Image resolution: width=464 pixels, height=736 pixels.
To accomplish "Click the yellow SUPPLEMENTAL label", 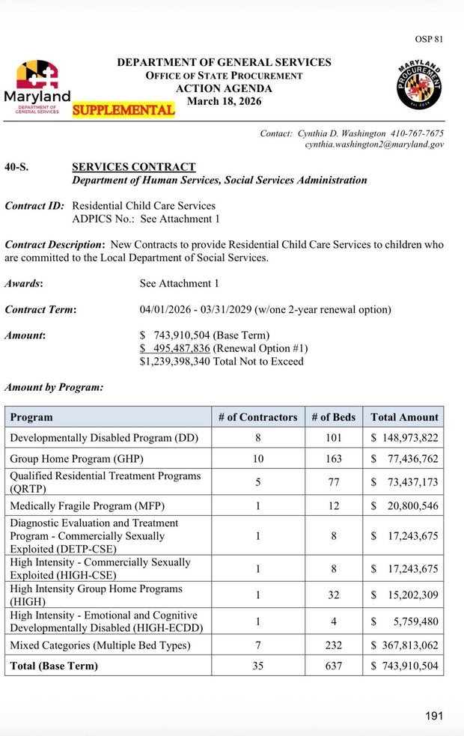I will tap(123, 110).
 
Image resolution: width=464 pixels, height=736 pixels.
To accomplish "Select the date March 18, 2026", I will tap(224, 102).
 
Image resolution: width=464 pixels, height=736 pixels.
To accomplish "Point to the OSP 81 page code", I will tap(429, 39).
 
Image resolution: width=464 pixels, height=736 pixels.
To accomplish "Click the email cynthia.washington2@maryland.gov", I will tap(374, 144).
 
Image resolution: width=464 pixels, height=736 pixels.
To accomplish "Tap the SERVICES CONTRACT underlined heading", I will tap(133, 167).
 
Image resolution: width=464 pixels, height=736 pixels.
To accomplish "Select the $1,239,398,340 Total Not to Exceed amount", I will tap(222, 362).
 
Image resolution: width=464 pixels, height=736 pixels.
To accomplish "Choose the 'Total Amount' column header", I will tap(404, 417).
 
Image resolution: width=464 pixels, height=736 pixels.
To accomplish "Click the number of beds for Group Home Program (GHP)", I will tap(334, 458).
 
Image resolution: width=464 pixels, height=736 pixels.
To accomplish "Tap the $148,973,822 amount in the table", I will tap(404, 437).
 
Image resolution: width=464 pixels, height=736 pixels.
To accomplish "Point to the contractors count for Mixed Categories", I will tap(257, 645).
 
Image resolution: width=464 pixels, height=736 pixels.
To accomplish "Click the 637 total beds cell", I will tap(334, 666).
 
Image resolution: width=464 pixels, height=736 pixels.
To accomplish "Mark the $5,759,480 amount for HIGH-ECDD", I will tap(404, 621).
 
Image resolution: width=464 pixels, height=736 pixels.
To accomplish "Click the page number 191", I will tap(434, 716).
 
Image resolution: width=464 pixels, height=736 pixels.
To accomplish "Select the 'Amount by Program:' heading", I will tap(54, 388).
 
